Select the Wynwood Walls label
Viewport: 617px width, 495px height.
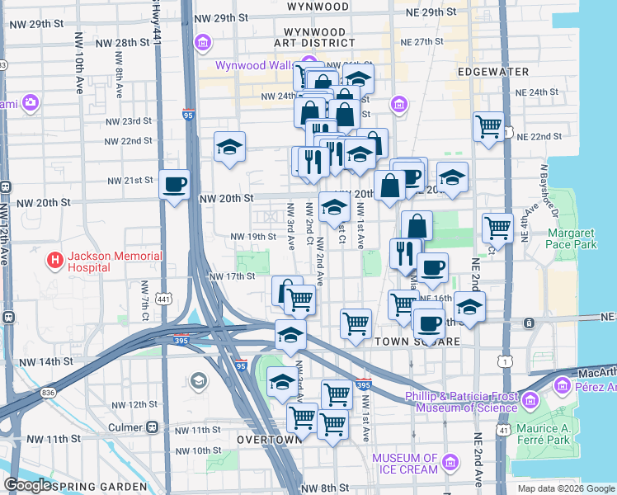tap(257, 66)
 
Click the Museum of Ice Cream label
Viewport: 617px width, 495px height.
tap(404, 464)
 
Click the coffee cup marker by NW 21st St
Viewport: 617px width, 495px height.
tap(175, 185)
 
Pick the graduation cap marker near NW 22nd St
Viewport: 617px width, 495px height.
tap(229, 148)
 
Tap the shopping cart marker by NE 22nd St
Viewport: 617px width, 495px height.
tap(489, 126)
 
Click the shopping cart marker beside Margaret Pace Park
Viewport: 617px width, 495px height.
tap(498, 227)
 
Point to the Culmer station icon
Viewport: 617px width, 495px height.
tap(152, 428)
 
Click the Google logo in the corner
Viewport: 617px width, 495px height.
tap(27, 485)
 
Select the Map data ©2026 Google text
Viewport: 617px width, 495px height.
tap(566, 488)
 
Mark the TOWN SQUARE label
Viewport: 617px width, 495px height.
tap(412, 341)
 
